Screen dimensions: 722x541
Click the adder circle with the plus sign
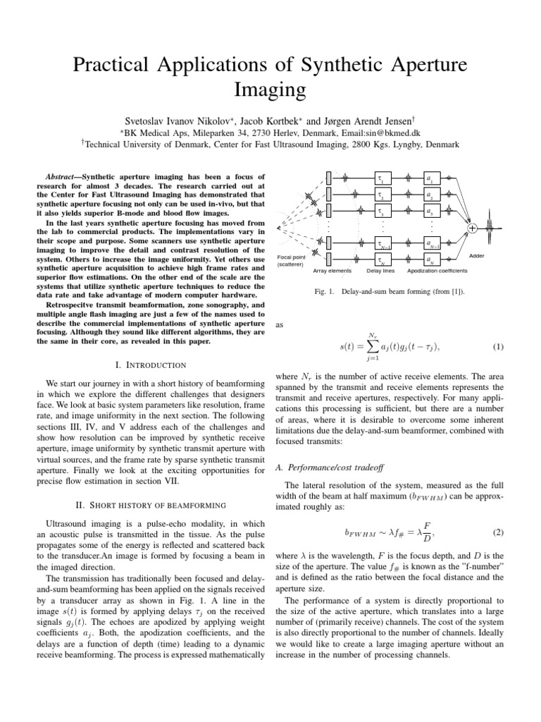point(472,228)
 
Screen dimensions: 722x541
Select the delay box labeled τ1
point(380,179)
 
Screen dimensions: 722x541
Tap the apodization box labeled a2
point(430,195)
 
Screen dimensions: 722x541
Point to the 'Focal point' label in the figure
point(290,257)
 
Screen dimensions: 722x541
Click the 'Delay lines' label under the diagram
point(381,271)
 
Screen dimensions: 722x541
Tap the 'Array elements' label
point(332,271)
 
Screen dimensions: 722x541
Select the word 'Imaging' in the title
point(270,90)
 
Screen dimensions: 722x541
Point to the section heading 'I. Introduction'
point(149,365)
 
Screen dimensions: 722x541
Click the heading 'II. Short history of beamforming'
point(149,505)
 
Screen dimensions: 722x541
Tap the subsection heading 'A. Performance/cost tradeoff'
point(328,466)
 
